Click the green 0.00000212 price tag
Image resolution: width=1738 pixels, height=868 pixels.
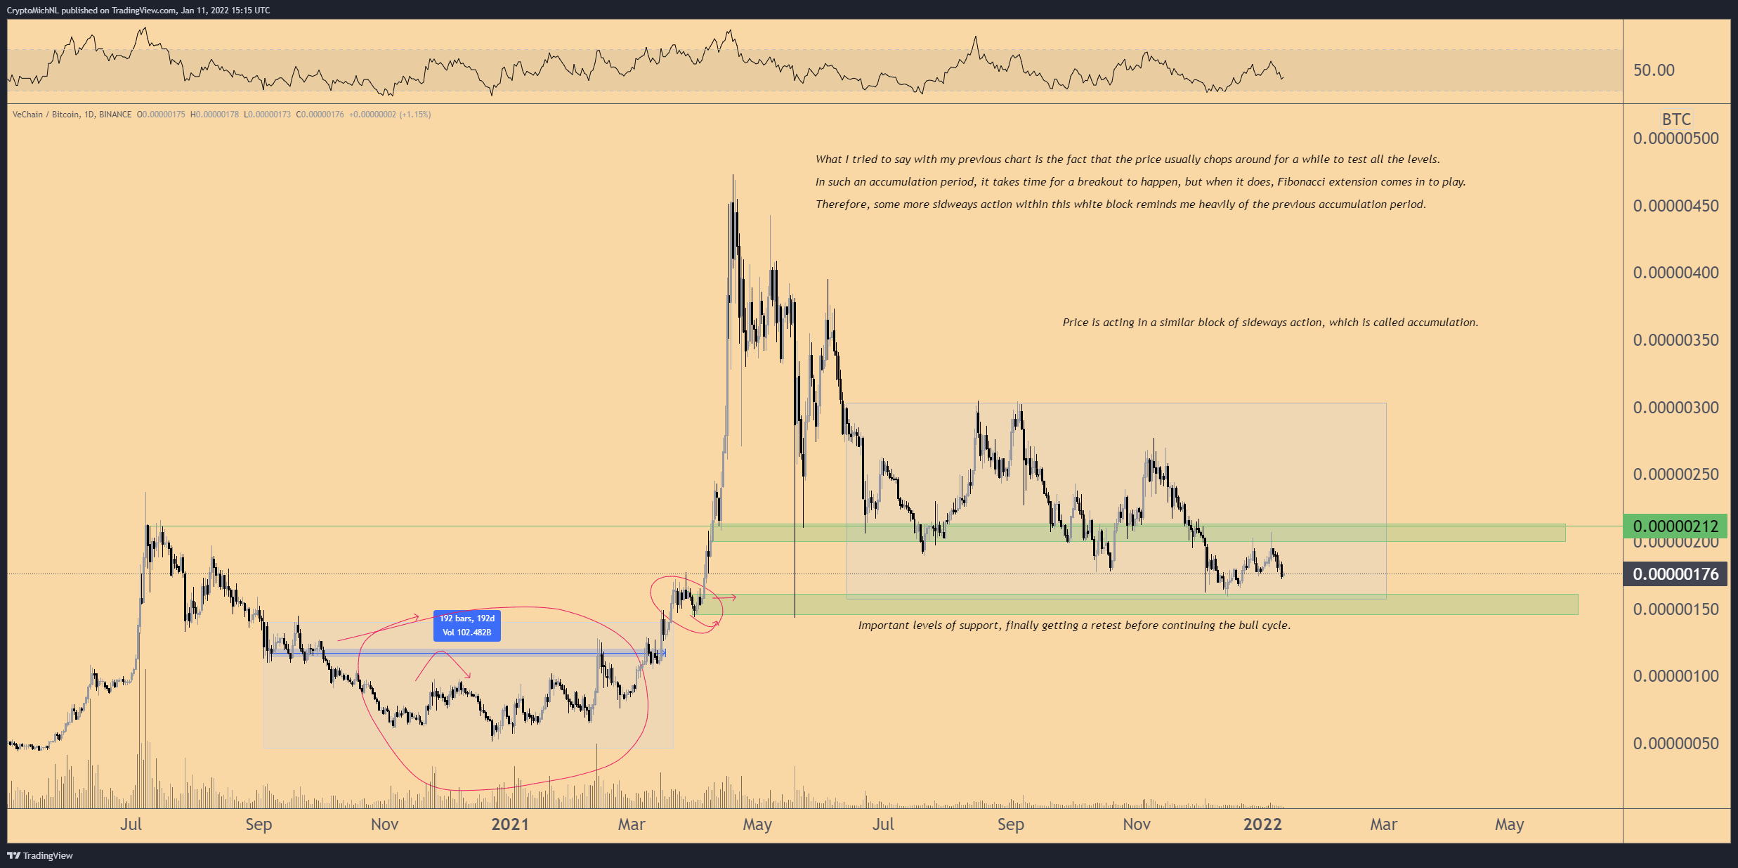click(1675, 526)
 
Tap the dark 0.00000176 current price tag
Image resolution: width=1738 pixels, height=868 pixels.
click(1675, 574)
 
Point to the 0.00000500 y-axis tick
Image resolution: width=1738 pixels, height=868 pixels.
click(1675, 138)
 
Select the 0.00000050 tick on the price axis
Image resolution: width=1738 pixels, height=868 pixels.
click(1675, 743)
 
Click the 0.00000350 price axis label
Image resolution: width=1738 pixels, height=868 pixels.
click(1675, 340)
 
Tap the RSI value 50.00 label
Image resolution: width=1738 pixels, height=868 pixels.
click(1654, 70)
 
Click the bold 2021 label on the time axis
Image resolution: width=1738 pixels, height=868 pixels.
click(510, 824)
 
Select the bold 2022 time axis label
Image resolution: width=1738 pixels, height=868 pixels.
click(1262, 824)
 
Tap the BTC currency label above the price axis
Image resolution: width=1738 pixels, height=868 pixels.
click(1676, 119)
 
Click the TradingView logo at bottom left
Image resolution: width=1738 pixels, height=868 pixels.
click(40, 855)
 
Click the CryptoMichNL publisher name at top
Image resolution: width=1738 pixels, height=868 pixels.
click(32, 11)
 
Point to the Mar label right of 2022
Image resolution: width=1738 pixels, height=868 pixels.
click(1383, 824)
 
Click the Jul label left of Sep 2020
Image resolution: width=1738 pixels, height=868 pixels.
click(131, 824)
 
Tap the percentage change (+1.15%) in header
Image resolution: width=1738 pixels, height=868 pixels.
click(415, 115)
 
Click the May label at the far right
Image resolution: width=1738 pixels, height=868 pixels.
click(1509, 824)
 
